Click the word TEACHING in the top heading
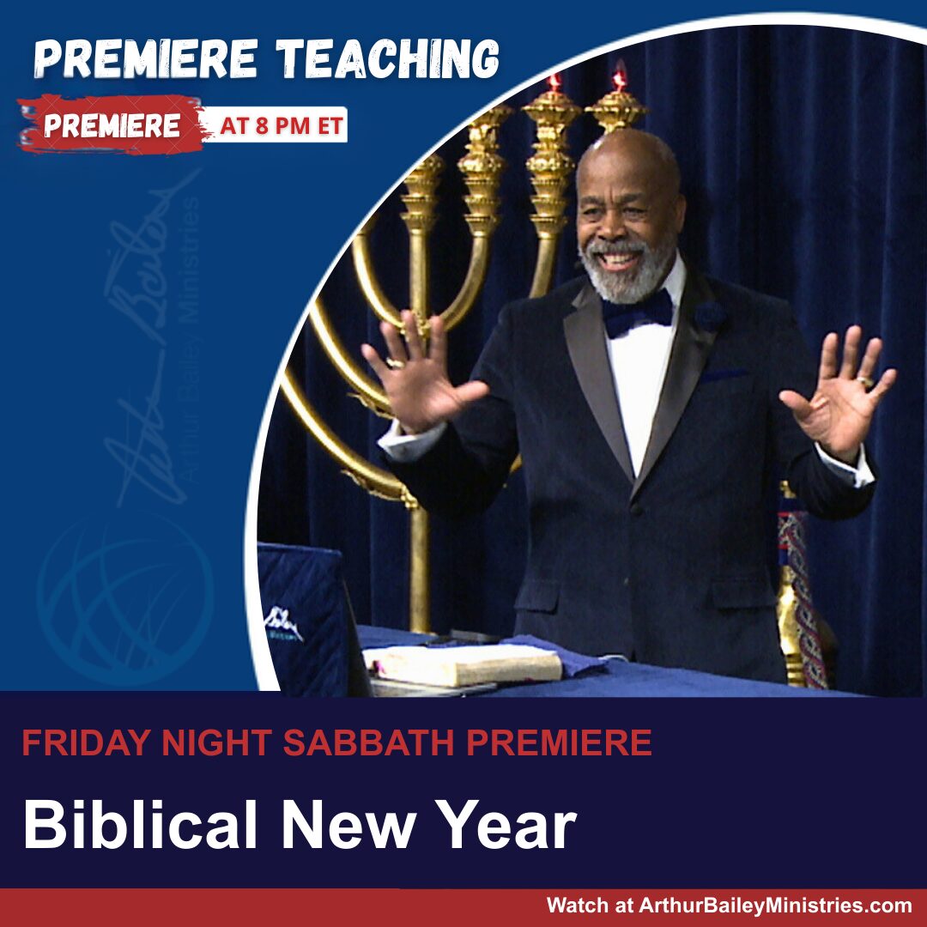click(x=388, y=59)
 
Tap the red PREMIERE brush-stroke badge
click(x=111, y=124)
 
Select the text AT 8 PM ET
click(x=282, y=125)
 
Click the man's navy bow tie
click(x=637, y=313)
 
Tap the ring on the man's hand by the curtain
click(x=865, y=381)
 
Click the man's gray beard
click(x=627, y=273)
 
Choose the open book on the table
click(x=463, y=664)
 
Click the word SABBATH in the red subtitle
click(x=368, y=742)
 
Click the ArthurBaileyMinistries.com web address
click(x=775, y=906)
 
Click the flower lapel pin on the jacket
click(x=710, y=316)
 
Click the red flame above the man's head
click(x=620, y=77)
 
